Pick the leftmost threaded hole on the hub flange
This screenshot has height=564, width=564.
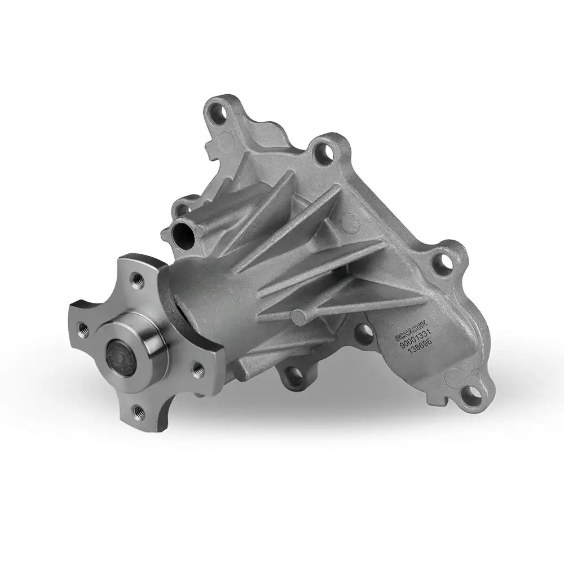[85, 328]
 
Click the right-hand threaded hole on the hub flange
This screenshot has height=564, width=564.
[198, 368]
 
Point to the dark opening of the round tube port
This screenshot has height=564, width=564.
[183, 232]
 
